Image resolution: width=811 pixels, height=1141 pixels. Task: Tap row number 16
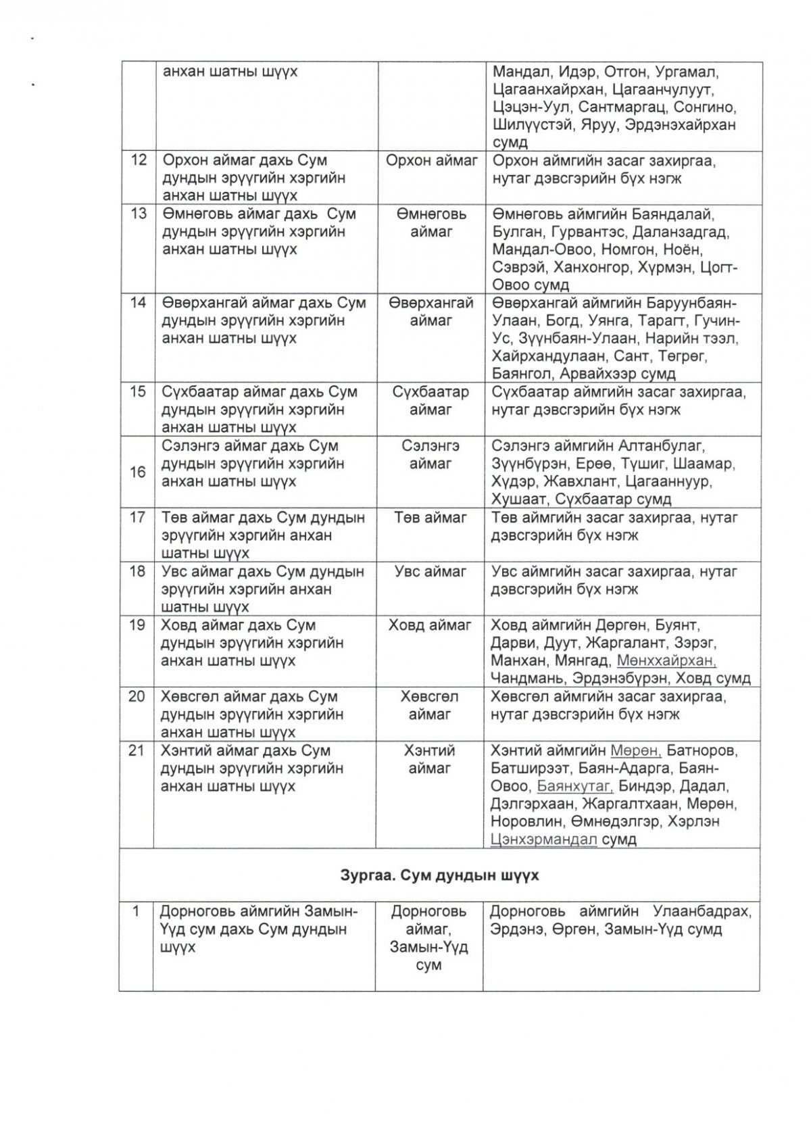click(138, 472)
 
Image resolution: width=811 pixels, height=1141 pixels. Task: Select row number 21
click(137, 751)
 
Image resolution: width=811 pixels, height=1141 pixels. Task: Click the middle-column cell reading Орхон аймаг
click(432, 162)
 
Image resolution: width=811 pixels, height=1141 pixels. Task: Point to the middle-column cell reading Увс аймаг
click(431, 572)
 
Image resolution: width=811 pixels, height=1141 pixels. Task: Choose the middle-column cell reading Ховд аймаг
click(429, 625)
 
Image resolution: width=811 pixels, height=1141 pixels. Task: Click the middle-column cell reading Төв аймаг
click(431, 518)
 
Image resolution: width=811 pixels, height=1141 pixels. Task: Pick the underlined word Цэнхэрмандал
click(545, 840)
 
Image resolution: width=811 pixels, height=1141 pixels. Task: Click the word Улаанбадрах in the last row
click(702, 912)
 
